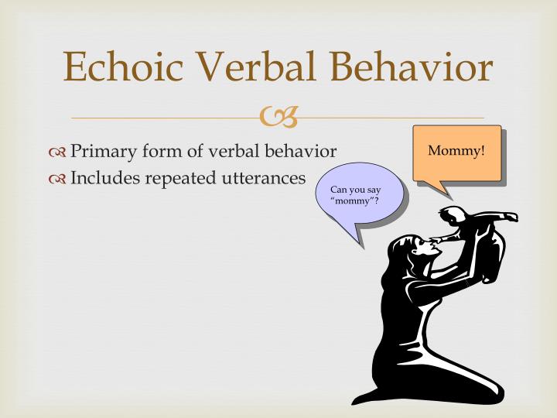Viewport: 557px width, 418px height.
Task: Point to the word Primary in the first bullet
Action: click(103, 151)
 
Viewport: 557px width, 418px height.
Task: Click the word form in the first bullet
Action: click(160, 151)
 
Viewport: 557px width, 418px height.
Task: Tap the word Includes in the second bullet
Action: click(104, 178)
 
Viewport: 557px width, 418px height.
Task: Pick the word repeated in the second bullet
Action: click(179, 178)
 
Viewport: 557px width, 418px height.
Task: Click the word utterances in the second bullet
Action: click(263, 178)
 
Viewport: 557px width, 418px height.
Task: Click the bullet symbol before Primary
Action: click(58, 152)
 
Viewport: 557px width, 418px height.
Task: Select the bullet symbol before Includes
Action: click(58, 179)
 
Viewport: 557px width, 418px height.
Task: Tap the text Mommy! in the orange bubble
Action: click(456, 149)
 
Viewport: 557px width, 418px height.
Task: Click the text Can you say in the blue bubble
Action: click(355, 190)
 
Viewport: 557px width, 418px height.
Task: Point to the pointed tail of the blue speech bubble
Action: click(361, 240)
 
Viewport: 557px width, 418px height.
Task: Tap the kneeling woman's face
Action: click(422, 248)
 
